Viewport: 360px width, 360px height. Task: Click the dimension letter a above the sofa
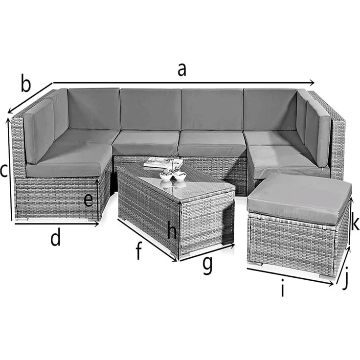(182, 70)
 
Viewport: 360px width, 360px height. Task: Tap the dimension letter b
(25, 84)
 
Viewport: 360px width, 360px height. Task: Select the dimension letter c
(4, 171)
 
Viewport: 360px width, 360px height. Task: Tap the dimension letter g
(207, 265)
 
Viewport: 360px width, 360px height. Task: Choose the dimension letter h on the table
(172, 230)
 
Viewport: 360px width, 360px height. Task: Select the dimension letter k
(356, 223)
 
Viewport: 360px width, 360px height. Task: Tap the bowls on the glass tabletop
(173, 176)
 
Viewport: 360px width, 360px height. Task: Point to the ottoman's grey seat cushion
(300, 196)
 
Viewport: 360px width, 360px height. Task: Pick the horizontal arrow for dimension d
(56, 224)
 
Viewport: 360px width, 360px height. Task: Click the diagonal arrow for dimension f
(147, 240)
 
